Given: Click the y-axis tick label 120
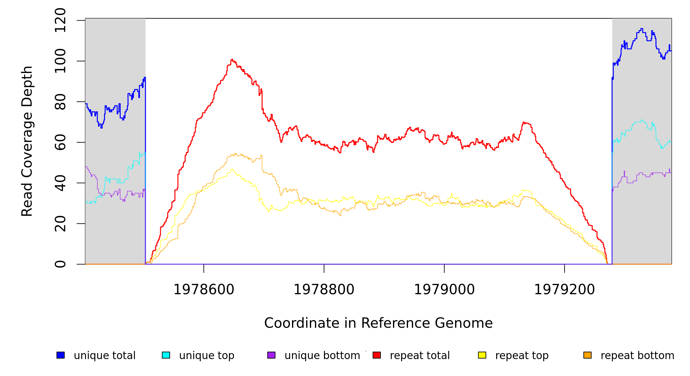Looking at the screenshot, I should pos(60,20).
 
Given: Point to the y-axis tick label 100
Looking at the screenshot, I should pos(60,61).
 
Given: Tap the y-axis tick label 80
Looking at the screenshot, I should pos(60,102).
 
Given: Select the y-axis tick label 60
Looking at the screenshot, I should pos(60,142).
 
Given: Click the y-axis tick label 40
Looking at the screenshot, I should pos(60,183).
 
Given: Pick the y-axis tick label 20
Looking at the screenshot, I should pos(60,223).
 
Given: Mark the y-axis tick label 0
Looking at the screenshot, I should pos(60,264).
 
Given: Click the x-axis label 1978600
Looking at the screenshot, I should pos(204,290).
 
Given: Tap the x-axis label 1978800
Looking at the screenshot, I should pos(324,290).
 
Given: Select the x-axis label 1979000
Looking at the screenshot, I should pos(444,290).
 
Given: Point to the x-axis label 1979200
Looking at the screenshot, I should pos(565,290).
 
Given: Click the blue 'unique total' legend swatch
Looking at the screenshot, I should pos(61,355).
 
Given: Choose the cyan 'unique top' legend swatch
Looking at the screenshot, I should pos(166,355).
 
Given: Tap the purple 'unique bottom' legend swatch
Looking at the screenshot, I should pos(271,355).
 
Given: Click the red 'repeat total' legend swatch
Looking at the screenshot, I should pos(377,355).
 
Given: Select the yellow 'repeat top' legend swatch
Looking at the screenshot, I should pos(482,355).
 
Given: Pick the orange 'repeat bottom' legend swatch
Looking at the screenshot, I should pos(587,355).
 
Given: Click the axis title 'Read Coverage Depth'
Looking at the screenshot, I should pos(27,141).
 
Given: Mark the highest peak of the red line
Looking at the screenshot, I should pos(232,59).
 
